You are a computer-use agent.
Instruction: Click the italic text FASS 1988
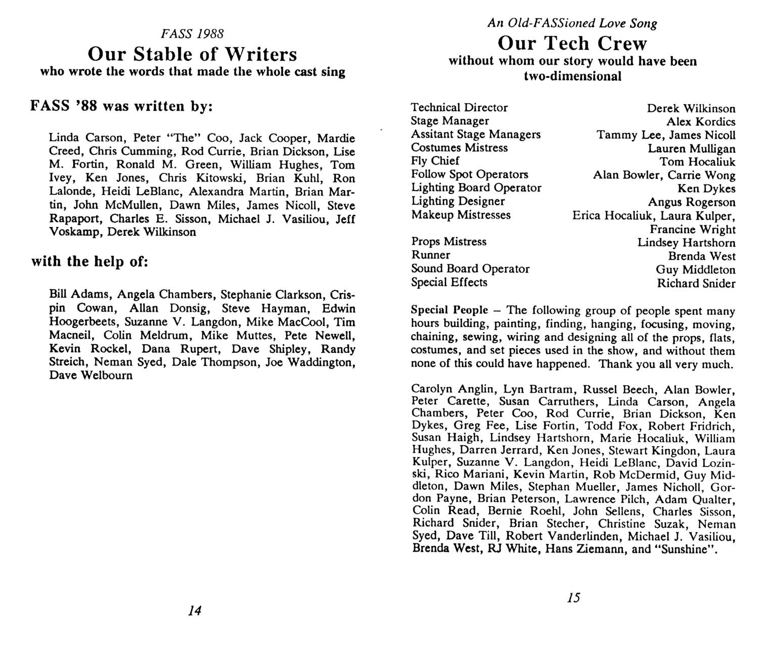click(192, 34)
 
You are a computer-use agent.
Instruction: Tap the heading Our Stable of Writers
click(193, 54)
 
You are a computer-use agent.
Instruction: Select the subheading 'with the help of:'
click(89, 262)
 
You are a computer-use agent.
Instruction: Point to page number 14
click(195, 611)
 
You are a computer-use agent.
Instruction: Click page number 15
click(574, 598)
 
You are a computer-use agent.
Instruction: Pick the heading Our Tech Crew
click(572, 43)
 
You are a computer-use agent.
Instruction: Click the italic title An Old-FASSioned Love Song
click(572, 23)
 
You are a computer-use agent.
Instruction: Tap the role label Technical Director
click(459, 107)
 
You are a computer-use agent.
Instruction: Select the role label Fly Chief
click(435, 161)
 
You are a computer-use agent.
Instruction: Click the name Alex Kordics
click(701, 122)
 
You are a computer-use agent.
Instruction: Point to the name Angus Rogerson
click(692, 202)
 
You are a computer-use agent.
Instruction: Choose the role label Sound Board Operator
click(470, 268)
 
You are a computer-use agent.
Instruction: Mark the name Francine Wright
click(693, 229)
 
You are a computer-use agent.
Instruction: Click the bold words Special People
click(450, 310)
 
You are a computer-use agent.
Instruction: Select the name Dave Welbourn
click(91, 376)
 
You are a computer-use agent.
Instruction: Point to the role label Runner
click(431, 255)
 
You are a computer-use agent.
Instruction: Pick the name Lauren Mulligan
click(692, 149)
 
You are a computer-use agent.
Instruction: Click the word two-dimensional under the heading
click(573, 76)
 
